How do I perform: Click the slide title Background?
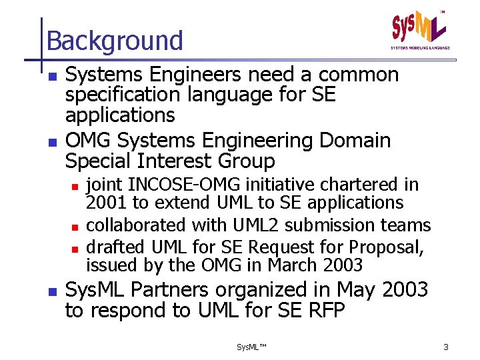[x=115, y=41]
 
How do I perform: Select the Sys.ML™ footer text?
[x=251, y=347]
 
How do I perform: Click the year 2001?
[x=107, y=202]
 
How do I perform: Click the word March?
[x=291, y=265]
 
